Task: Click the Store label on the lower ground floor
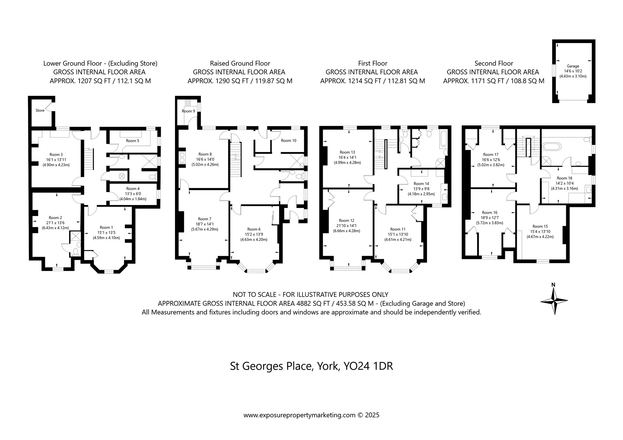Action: pos(40,110)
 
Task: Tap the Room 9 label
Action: pos(188,111)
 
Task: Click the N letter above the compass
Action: pos(553,284)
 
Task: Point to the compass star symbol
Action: pos(554,301)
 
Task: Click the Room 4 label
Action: pos(133,189)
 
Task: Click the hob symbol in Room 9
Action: pos(188,103)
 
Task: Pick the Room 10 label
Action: pos(288,141)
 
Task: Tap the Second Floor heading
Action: pos(494,63)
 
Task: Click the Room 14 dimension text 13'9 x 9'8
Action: pos(421,189)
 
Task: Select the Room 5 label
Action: pos(133,141)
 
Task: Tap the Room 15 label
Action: pos(540,227)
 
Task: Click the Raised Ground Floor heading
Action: pos(240,63)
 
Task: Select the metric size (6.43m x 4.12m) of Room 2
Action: pos(55,228)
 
